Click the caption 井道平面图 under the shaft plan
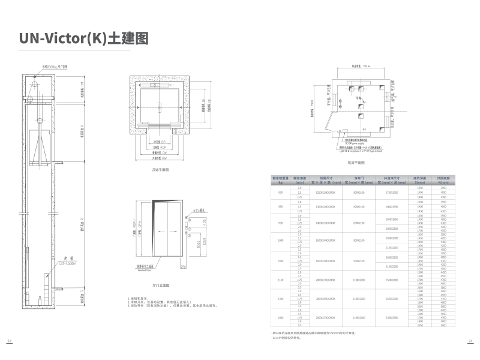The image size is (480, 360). [x=161, y=170]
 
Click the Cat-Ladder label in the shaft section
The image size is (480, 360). [x=50, y=263]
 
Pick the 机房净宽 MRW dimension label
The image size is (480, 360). [x=358, y=67]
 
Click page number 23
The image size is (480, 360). [x=9, y=341]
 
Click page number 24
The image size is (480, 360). [x=470, y=341]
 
